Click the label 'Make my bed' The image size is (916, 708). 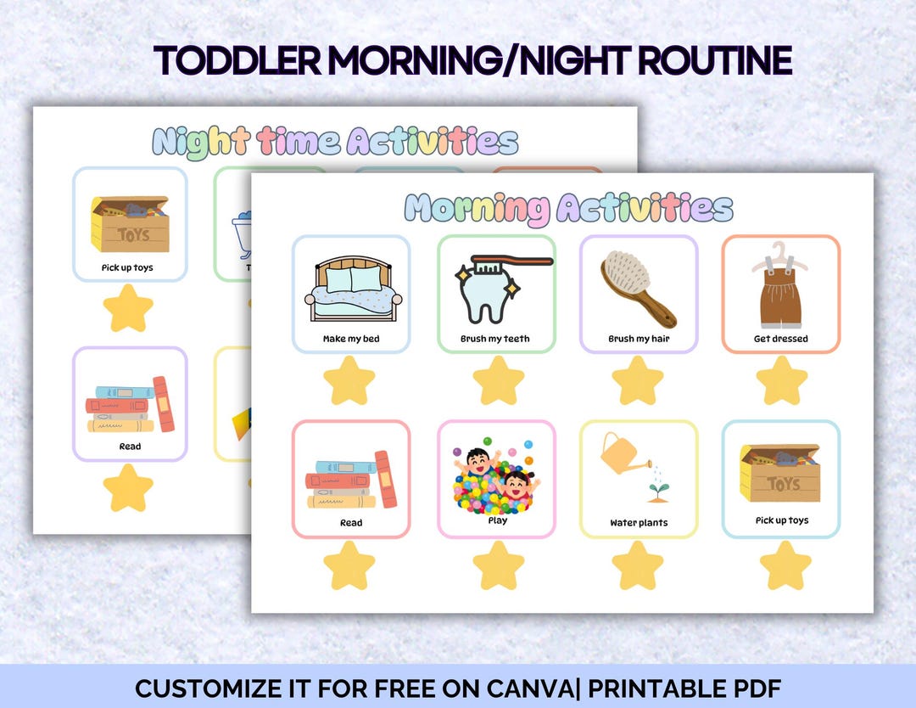(351, 339)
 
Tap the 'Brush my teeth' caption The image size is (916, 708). (495, 339)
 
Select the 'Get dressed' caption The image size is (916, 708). (780, 339)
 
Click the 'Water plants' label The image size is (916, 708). (639, 523)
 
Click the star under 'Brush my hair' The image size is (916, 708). (638, 381)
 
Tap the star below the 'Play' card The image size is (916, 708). (498, 565)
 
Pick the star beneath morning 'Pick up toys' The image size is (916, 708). (785, 565)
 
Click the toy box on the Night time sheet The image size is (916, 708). (130, 224)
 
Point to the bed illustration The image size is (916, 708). (351, 289)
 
